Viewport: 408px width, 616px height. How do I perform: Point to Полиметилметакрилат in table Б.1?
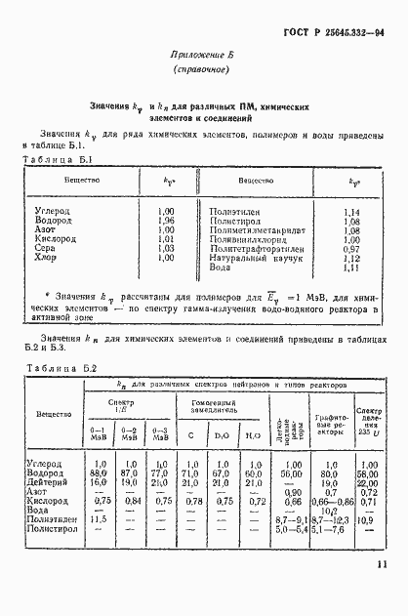click(x=254, y=230)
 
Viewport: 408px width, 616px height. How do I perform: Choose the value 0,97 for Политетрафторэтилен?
click(x=352, y=249)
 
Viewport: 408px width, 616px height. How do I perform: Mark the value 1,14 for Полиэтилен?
click(x=352, y=212)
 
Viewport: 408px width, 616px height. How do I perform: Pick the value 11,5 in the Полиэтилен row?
click(x=98, y=520)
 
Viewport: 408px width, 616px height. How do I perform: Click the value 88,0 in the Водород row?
click(x=98, y=473)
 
